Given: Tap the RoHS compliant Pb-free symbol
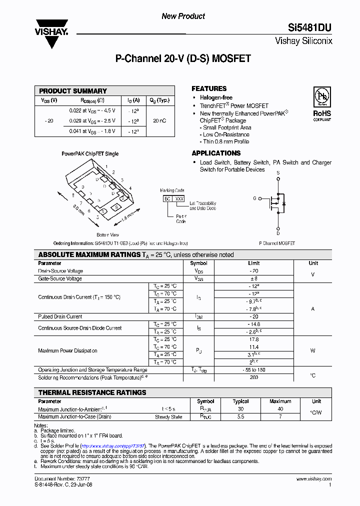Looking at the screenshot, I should [x=322, y=97].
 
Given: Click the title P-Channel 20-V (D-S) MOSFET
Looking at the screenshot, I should [x=183, y=58].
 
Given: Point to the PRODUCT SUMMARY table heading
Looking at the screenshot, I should [x=73, y=91].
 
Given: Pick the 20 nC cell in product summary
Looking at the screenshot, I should [x=159, y=121].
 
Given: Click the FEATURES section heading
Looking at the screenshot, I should [x=209, y=88].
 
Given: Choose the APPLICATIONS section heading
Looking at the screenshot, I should [x=216, y=153].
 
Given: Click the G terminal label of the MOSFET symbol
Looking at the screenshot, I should [x=254, y=198].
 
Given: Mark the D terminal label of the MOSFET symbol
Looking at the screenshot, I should [x=278, y=232].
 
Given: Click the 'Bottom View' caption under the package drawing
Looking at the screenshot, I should [x=107, y=234].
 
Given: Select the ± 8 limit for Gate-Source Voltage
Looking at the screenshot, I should [x=253, y=278].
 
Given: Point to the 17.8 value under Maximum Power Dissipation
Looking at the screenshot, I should [x=253, y=339].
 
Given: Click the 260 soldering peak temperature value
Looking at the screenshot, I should [x=253, y=377].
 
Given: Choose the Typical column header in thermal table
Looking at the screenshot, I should [x=240, y=401].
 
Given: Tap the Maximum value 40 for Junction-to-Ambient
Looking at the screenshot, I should [x=280, y=409].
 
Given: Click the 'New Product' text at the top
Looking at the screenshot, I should [x=183, y=16].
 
